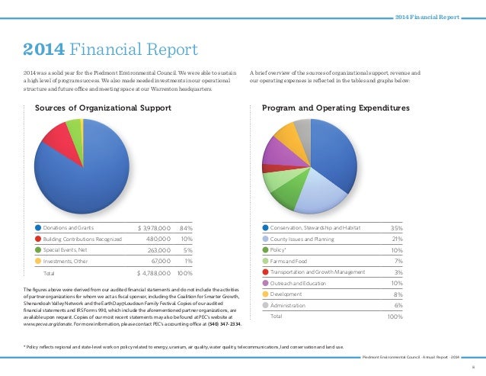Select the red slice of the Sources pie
[x=55, y=135]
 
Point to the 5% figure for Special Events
[x=187, y=249]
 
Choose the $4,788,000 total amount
[x=155, y=272]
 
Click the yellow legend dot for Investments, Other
[x=38, y=261]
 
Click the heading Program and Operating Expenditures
[x=335, y=108]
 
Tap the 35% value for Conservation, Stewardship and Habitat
[x=395, y=228]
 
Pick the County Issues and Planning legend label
[x=302, y=239]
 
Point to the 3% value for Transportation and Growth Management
[x=398, y=272]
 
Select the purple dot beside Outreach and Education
[x=265, y=283]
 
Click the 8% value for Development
[x=398, y=294]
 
